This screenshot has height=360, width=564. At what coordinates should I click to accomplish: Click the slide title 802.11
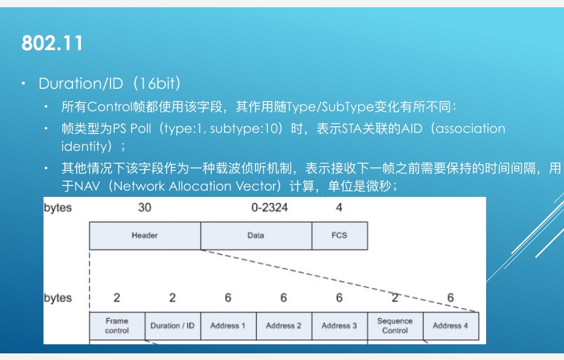[x=52, y=43]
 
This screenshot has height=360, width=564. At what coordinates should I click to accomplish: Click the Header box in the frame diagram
[x=144, y=236]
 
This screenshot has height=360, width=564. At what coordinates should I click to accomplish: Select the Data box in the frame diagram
[x=256, y=236]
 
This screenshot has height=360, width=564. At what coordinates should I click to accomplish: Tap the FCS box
[x=339, y=236]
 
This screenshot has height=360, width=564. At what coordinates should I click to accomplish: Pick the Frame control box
[x=117, y=326]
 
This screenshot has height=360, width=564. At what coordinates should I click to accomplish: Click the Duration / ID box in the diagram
[x=173, y=326]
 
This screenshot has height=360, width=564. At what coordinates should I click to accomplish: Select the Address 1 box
[x=228, y=326]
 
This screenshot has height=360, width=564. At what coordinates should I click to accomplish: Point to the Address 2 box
[x=284, y=326]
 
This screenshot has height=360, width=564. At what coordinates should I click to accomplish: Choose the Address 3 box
[x=339, y=326]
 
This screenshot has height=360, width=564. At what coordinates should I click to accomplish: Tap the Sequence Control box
[x=395, y=326]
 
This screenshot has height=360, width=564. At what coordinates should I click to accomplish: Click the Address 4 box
[x=450, y=326]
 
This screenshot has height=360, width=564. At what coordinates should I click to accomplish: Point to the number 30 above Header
[x=144, y=208]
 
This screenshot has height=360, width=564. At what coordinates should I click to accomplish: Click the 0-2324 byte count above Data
[x=269, y=208]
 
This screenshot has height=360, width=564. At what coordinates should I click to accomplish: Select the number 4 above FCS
[x=339, y=208]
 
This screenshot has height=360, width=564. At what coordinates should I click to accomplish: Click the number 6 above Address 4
[x=450, y=298]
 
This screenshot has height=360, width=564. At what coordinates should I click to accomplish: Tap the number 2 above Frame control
[x=117, y=298]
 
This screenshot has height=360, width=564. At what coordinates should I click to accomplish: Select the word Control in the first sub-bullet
[x=110, y=108]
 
